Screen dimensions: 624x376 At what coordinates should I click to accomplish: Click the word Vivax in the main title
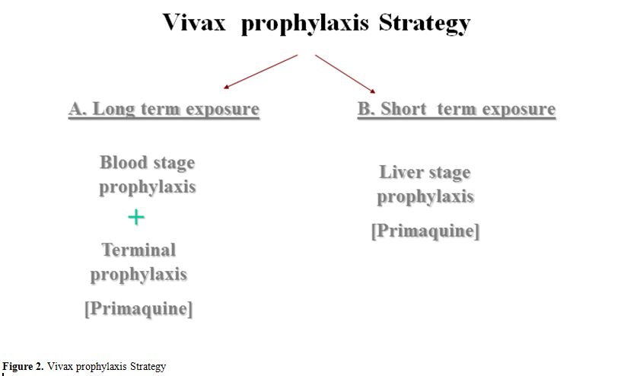pos(194,22)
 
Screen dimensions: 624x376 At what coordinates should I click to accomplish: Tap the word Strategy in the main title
pos(425,24)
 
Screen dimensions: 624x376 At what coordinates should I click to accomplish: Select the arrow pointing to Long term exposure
pos(261,72)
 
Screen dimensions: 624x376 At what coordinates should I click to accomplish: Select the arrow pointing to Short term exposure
pos(345,74)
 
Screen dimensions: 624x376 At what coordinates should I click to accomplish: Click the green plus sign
pos(136,217)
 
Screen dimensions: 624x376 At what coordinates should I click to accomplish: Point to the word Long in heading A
pos(114,110)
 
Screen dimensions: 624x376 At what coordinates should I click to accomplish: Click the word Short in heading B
pos(403,109)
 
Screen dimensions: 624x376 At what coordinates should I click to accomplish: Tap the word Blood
pos(124,162)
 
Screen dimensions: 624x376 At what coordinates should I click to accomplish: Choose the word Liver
pos(402,172)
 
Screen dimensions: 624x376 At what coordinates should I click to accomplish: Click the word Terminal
pos(139,250)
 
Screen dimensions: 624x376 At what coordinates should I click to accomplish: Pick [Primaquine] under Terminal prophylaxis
pos(138,308)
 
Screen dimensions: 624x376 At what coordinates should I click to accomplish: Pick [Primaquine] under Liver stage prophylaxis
pos(425,231)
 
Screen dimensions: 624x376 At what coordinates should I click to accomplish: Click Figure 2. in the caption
pos(23,366)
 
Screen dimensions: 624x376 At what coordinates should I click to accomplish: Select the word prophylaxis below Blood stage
pos(148,187)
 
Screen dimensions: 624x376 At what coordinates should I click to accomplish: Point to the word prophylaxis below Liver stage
pos(425,196)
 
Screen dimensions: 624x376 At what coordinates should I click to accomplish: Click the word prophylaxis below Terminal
pos(138,275)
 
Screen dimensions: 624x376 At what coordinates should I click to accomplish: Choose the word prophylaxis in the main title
pos(305,24)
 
